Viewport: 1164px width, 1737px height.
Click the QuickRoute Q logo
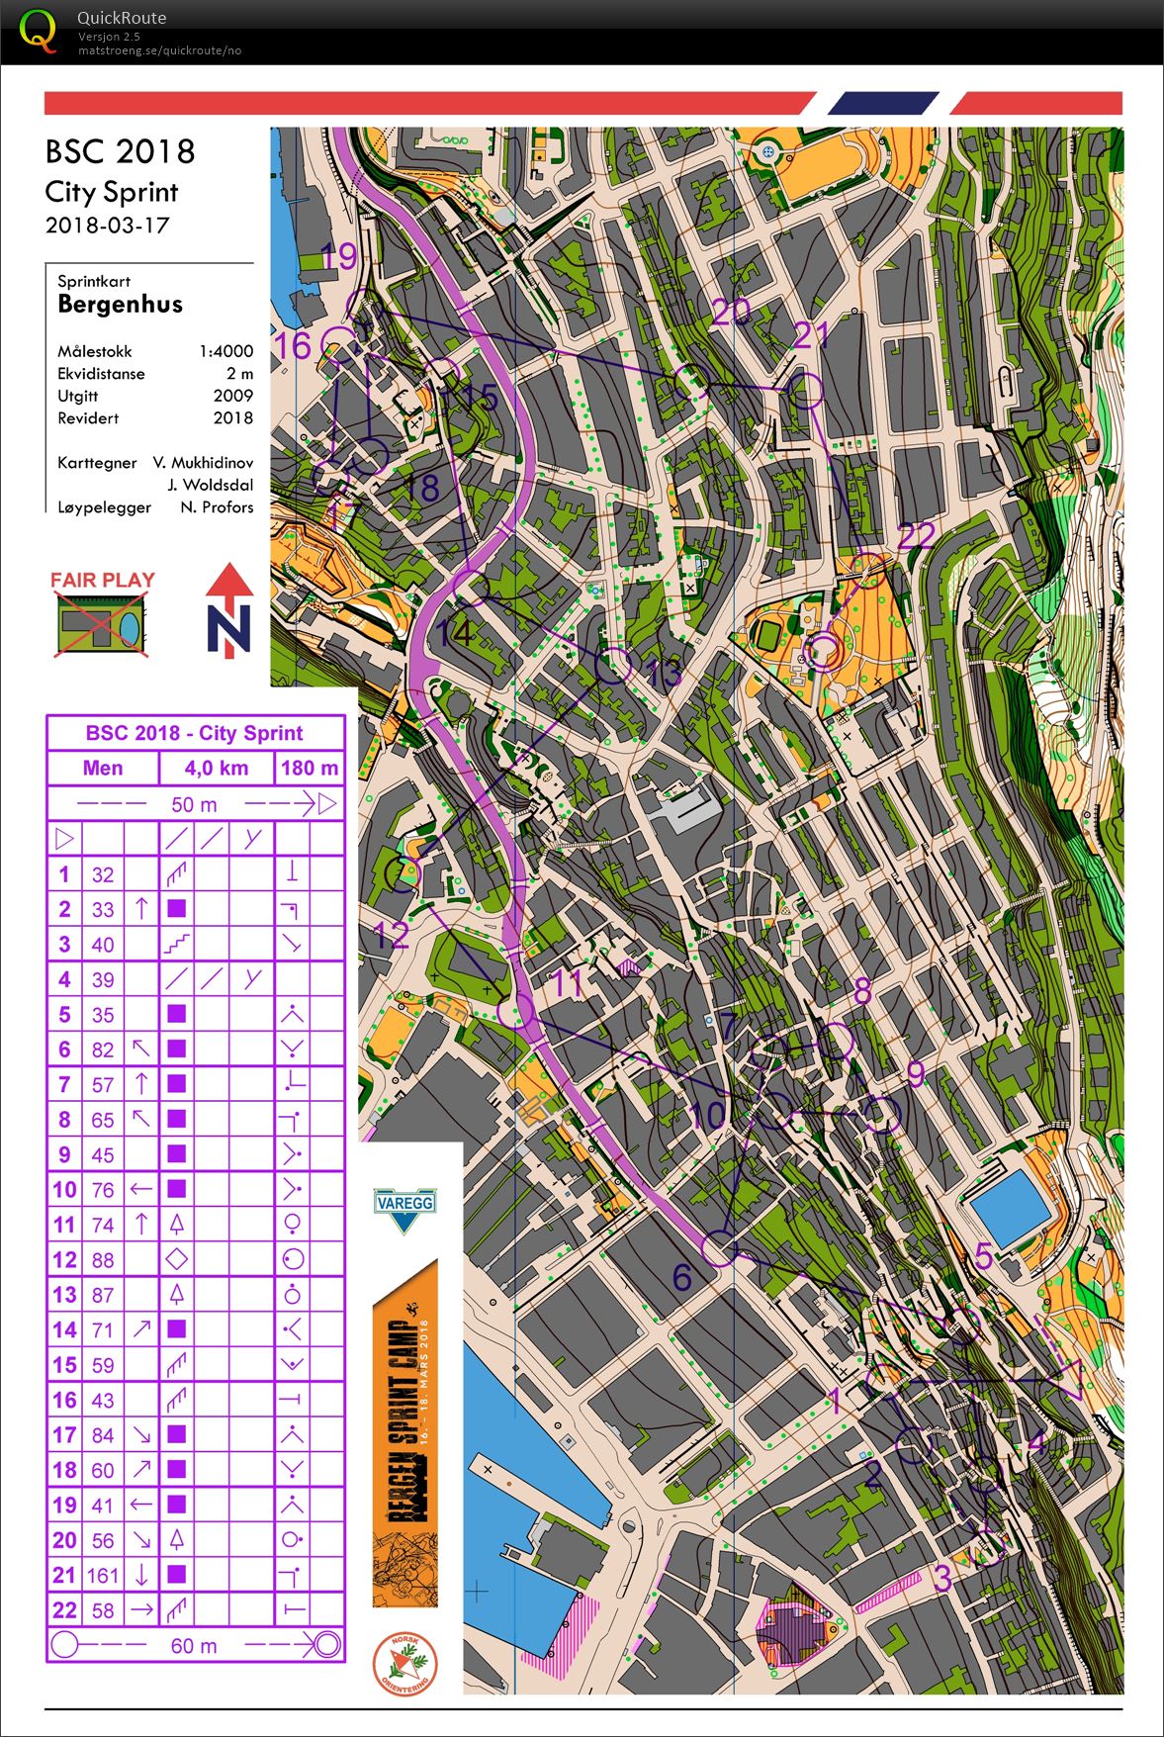(38, 30)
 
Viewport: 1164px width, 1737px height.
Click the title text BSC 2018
(120, 151)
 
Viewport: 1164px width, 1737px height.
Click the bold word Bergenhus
(120, 304)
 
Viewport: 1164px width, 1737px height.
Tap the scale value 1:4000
(225, 351)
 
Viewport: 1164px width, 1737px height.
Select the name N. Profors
(217, 507)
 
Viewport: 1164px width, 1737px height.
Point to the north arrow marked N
(229, 609)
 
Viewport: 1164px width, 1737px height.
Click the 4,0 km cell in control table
(216, 768)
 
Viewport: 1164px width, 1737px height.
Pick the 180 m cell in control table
(309, 768)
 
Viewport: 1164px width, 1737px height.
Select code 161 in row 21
(102, 1575)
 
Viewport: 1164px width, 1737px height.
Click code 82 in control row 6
(102, 1050)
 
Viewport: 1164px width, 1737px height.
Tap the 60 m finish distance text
(193, 1646)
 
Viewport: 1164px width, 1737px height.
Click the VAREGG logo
(403, 1208)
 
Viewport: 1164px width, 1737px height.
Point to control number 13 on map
(664, 674)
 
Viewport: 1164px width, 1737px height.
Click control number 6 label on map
(681, 1277)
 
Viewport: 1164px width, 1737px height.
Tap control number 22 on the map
(916, 536)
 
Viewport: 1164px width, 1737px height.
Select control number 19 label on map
(339, 256)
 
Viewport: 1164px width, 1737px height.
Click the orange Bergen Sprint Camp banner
(404, 1434)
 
